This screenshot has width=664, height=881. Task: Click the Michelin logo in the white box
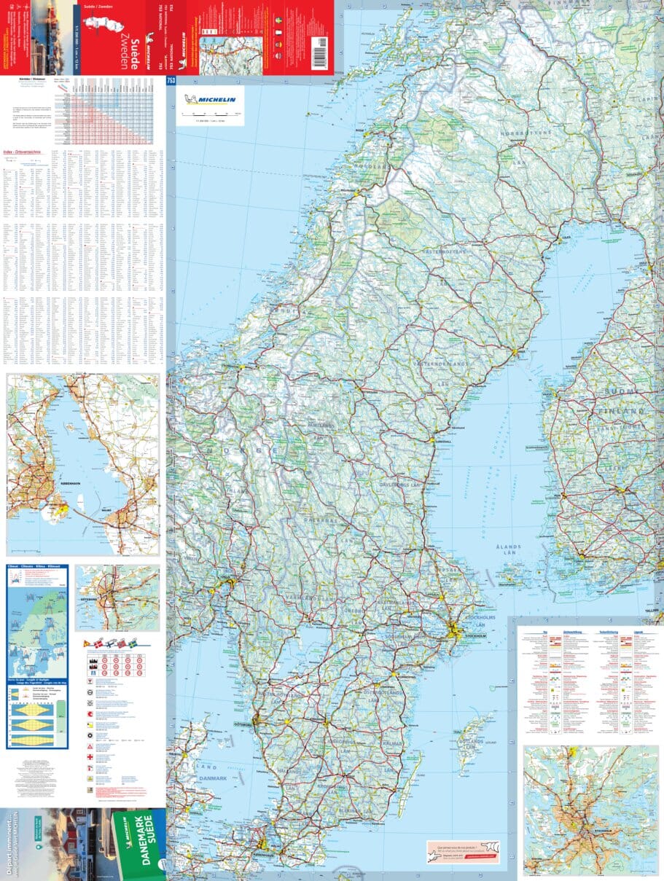pos(210,99)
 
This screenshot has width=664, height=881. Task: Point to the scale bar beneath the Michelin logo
pos(211,114)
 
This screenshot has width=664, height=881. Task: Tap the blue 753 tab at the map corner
pos(171,81)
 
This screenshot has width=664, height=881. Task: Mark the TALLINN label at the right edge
pos(652,611)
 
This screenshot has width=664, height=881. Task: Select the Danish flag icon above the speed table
pos(88,644)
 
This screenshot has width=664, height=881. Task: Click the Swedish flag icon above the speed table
pos(133,644)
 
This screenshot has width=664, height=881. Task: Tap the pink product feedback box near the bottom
pos(463,852)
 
